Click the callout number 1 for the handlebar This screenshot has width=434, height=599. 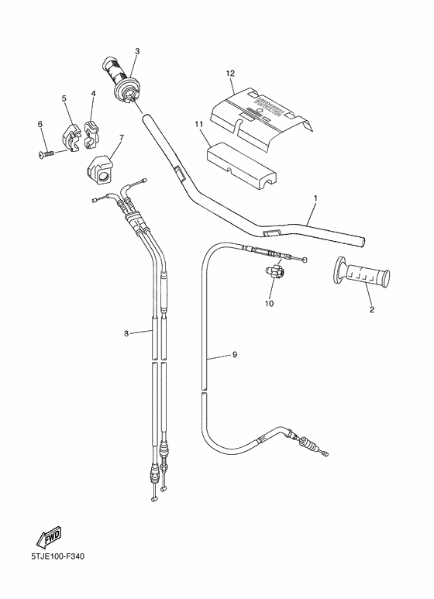coord(315,198)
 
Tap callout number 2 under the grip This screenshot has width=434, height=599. coord(371,308)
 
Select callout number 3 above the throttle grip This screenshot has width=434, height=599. coord(136,52)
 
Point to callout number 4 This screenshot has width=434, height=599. coord(93,94)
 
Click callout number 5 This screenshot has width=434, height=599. coord(64,98)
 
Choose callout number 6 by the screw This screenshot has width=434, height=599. coord(40,124)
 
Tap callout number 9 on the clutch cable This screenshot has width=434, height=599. coord(234,355)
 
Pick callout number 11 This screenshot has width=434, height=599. coord(198,124)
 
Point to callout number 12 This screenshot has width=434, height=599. coord(230,73)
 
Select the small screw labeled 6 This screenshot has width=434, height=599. coord(47,153)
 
